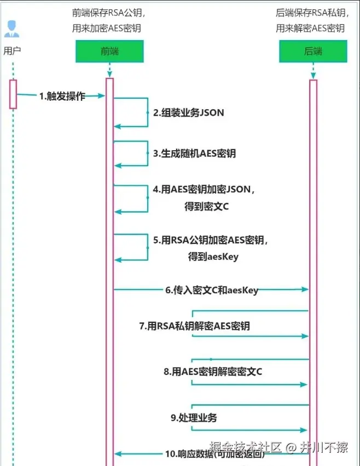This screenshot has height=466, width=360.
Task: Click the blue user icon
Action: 12,29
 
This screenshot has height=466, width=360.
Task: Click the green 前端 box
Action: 109,51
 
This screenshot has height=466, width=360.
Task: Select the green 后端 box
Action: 313,51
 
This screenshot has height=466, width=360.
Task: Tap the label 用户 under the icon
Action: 12,51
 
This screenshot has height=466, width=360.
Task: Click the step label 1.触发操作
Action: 62,96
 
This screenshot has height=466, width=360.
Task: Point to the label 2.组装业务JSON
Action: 189,112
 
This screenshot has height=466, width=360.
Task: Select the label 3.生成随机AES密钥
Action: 195,154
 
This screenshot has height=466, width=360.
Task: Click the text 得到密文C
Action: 207,206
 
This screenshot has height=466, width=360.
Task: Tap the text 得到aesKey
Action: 213,256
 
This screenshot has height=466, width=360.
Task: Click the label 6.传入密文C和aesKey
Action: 212,290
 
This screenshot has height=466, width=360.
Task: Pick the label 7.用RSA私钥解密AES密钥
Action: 195,326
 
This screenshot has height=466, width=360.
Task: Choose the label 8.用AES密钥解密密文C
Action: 213,372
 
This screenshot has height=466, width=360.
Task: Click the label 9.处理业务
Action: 194,418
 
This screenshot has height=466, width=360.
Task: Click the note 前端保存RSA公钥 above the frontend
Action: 109,13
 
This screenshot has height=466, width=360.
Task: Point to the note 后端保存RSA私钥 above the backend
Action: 312,13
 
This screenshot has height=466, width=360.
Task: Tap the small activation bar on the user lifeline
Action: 13,94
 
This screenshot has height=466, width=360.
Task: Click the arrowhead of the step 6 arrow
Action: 305,289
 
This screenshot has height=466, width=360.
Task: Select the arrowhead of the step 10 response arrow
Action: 118,454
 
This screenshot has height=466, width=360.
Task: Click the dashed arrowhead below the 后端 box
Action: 313,75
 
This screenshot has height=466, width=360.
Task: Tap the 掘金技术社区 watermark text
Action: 245,447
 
